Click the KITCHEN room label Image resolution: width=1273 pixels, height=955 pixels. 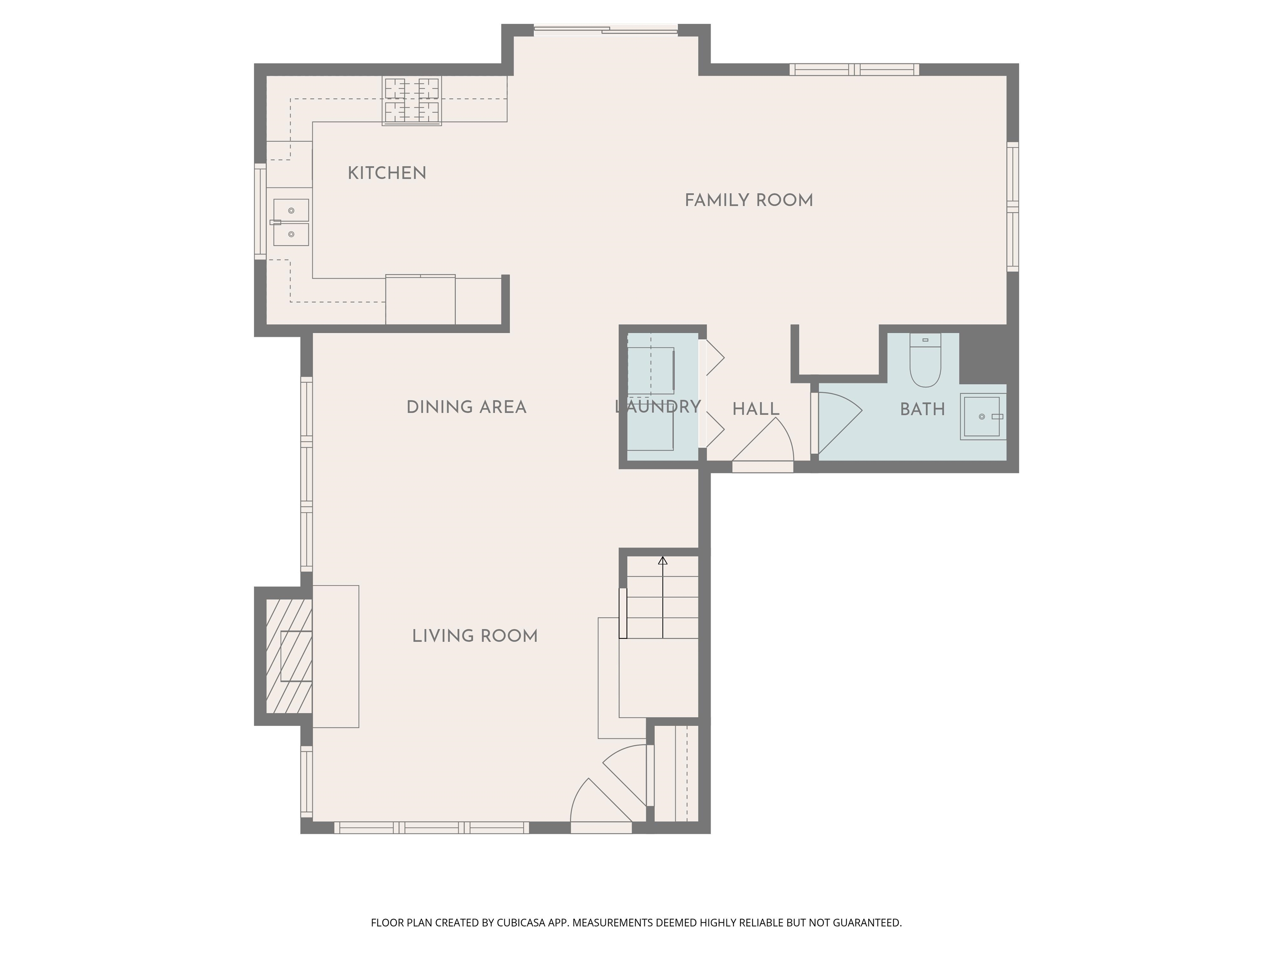pos(387,173)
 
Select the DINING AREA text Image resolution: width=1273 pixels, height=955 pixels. pos(466,407)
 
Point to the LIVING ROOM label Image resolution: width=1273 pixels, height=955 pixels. pos(475,636)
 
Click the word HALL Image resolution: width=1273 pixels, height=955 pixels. pos(755,409)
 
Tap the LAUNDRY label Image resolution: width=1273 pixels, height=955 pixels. pos(658,407)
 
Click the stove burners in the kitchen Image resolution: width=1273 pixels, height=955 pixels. pos(412,101)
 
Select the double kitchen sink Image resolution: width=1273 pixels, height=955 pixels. pos(290,222)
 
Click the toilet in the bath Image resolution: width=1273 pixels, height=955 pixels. pos(925,363)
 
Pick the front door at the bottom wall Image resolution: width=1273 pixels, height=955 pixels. pos(600,803)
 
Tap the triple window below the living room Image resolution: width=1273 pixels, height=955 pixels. pos(432,828)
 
